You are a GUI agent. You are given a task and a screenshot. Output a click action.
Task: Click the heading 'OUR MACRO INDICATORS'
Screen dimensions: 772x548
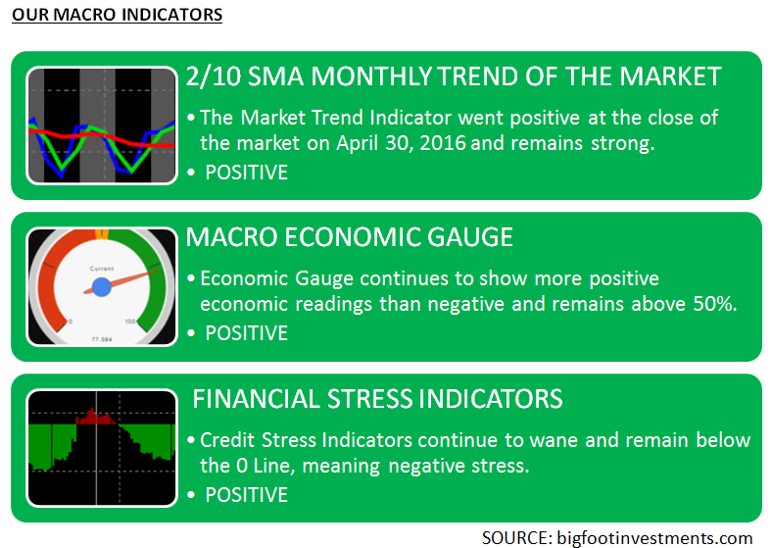point(118,15)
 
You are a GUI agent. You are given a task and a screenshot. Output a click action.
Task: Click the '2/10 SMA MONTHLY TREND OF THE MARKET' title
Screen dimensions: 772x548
point(454,76)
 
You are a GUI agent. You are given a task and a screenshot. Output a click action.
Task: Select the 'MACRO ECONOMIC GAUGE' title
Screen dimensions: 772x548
point(350,237)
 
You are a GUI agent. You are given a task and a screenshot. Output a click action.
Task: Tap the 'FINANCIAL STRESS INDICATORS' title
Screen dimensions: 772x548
point(377,399)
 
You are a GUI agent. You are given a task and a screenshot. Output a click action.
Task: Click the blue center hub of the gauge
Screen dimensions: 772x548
point(102,287)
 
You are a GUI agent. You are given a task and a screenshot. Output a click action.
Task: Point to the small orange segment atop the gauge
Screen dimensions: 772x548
point(102,233)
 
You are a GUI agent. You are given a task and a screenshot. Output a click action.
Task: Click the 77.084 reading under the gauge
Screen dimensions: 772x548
point(102,339)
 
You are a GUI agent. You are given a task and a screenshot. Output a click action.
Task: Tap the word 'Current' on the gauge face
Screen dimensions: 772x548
point(102,269)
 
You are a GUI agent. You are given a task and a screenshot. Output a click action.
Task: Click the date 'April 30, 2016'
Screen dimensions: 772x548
point(402,143)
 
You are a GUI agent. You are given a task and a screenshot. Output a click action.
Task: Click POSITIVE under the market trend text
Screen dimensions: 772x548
point(247,173)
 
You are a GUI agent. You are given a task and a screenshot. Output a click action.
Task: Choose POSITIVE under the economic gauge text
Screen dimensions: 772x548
point(247,333)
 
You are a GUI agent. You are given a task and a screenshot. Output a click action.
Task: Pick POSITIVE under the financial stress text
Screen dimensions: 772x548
point(247,495)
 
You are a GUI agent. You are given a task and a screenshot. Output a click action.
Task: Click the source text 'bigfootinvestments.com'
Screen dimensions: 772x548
point(654,537)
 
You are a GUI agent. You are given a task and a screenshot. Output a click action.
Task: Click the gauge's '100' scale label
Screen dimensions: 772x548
point(130,322)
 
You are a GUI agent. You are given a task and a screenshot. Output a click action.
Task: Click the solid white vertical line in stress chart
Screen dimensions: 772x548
point(96,447)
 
